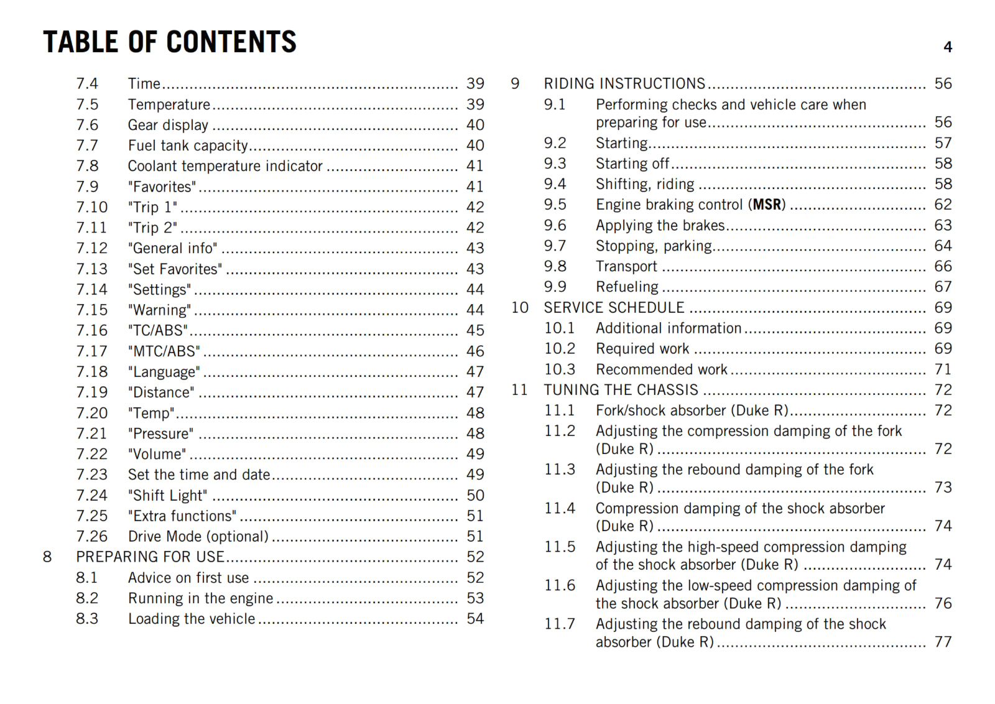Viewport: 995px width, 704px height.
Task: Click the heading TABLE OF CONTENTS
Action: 169,42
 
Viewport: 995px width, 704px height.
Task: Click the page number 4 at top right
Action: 947,47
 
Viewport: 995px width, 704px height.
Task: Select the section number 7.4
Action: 87,83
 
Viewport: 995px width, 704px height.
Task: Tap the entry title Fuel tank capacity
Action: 188,146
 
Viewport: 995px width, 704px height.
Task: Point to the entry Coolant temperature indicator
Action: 225,166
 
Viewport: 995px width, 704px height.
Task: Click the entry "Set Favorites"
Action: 175,269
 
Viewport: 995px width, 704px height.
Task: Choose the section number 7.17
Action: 91,351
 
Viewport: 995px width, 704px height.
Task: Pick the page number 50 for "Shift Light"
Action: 475,496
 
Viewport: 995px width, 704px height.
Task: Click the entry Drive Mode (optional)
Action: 198,537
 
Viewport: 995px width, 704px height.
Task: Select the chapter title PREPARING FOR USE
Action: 150,557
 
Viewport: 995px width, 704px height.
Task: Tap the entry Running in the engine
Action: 200,598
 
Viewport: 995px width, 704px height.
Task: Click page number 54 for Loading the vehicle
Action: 475,619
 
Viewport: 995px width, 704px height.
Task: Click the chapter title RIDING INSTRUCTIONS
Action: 624,83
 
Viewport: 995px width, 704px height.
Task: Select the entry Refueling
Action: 627,287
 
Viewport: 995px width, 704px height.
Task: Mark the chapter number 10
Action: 519,308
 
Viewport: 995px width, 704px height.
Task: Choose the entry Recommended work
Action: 661,369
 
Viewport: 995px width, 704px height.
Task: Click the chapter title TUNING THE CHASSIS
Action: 621,390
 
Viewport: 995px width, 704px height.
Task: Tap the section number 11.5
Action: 560,547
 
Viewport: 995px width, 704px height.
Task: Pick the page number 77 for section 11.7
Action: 943,642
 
